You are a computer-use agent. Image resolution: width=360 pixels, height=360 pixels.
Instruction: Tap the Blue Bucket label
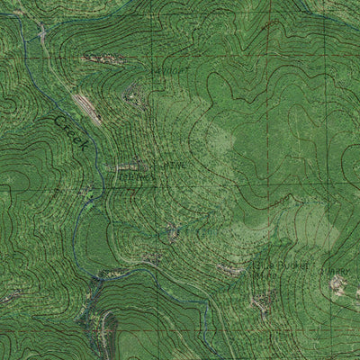click(x=282, y=266)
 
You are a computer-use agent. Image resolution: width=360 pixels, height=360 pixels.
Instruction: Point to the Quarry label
click(x=339, y=267)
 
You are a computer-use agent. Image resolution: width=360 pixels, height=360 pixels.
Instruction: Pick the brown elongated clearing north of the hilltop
click(x=101, y=58)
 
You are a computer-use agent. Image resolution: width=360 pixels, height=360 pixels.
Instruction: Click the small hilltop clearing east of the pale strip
click(x=132, y=90)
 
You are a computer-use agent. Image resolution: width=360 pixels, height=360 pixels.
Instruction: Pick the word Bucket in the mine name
click(x=293, y=266)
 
